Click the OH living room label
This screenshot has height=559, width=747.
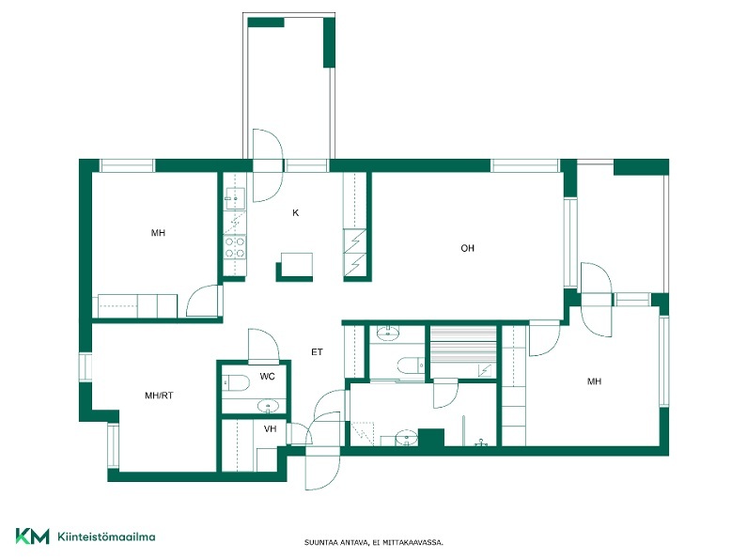click(467, 248)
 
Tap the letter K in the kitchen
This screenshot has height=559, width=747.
click(295, 213)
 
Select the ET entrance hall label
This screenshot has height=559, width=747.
click(317, 352)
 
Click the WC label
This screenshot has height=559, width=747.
click(267, 377)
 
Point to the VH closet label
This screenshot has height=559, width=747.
click(270, 429)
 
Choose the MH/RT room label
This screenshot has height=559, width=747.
click(159, 396)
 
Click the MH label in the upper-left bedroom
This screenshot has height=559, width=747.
click(158, 233)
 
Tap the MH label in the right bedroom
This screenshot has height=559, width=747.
click(594, 381)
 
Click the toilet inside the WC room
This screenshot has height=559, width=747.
click(236, 382)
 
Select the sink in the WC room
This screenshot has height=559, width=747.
click(268, 406)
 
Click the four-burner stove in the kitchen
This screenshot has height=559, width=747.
click(235, 247)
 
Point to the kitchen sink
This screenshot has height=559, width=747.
click(235, 198)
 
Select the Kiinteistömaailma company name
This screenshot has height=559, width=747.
click(106, 536)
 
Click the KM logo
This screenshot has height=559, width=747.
click(32, 536)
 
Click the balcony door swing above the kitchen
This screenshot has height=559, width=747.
click(268, 165)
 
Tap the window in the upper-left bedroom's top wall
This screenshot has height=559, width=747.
click(127, 165)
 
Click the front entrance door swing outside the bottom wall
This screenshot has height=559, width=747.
click(322, 467)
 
